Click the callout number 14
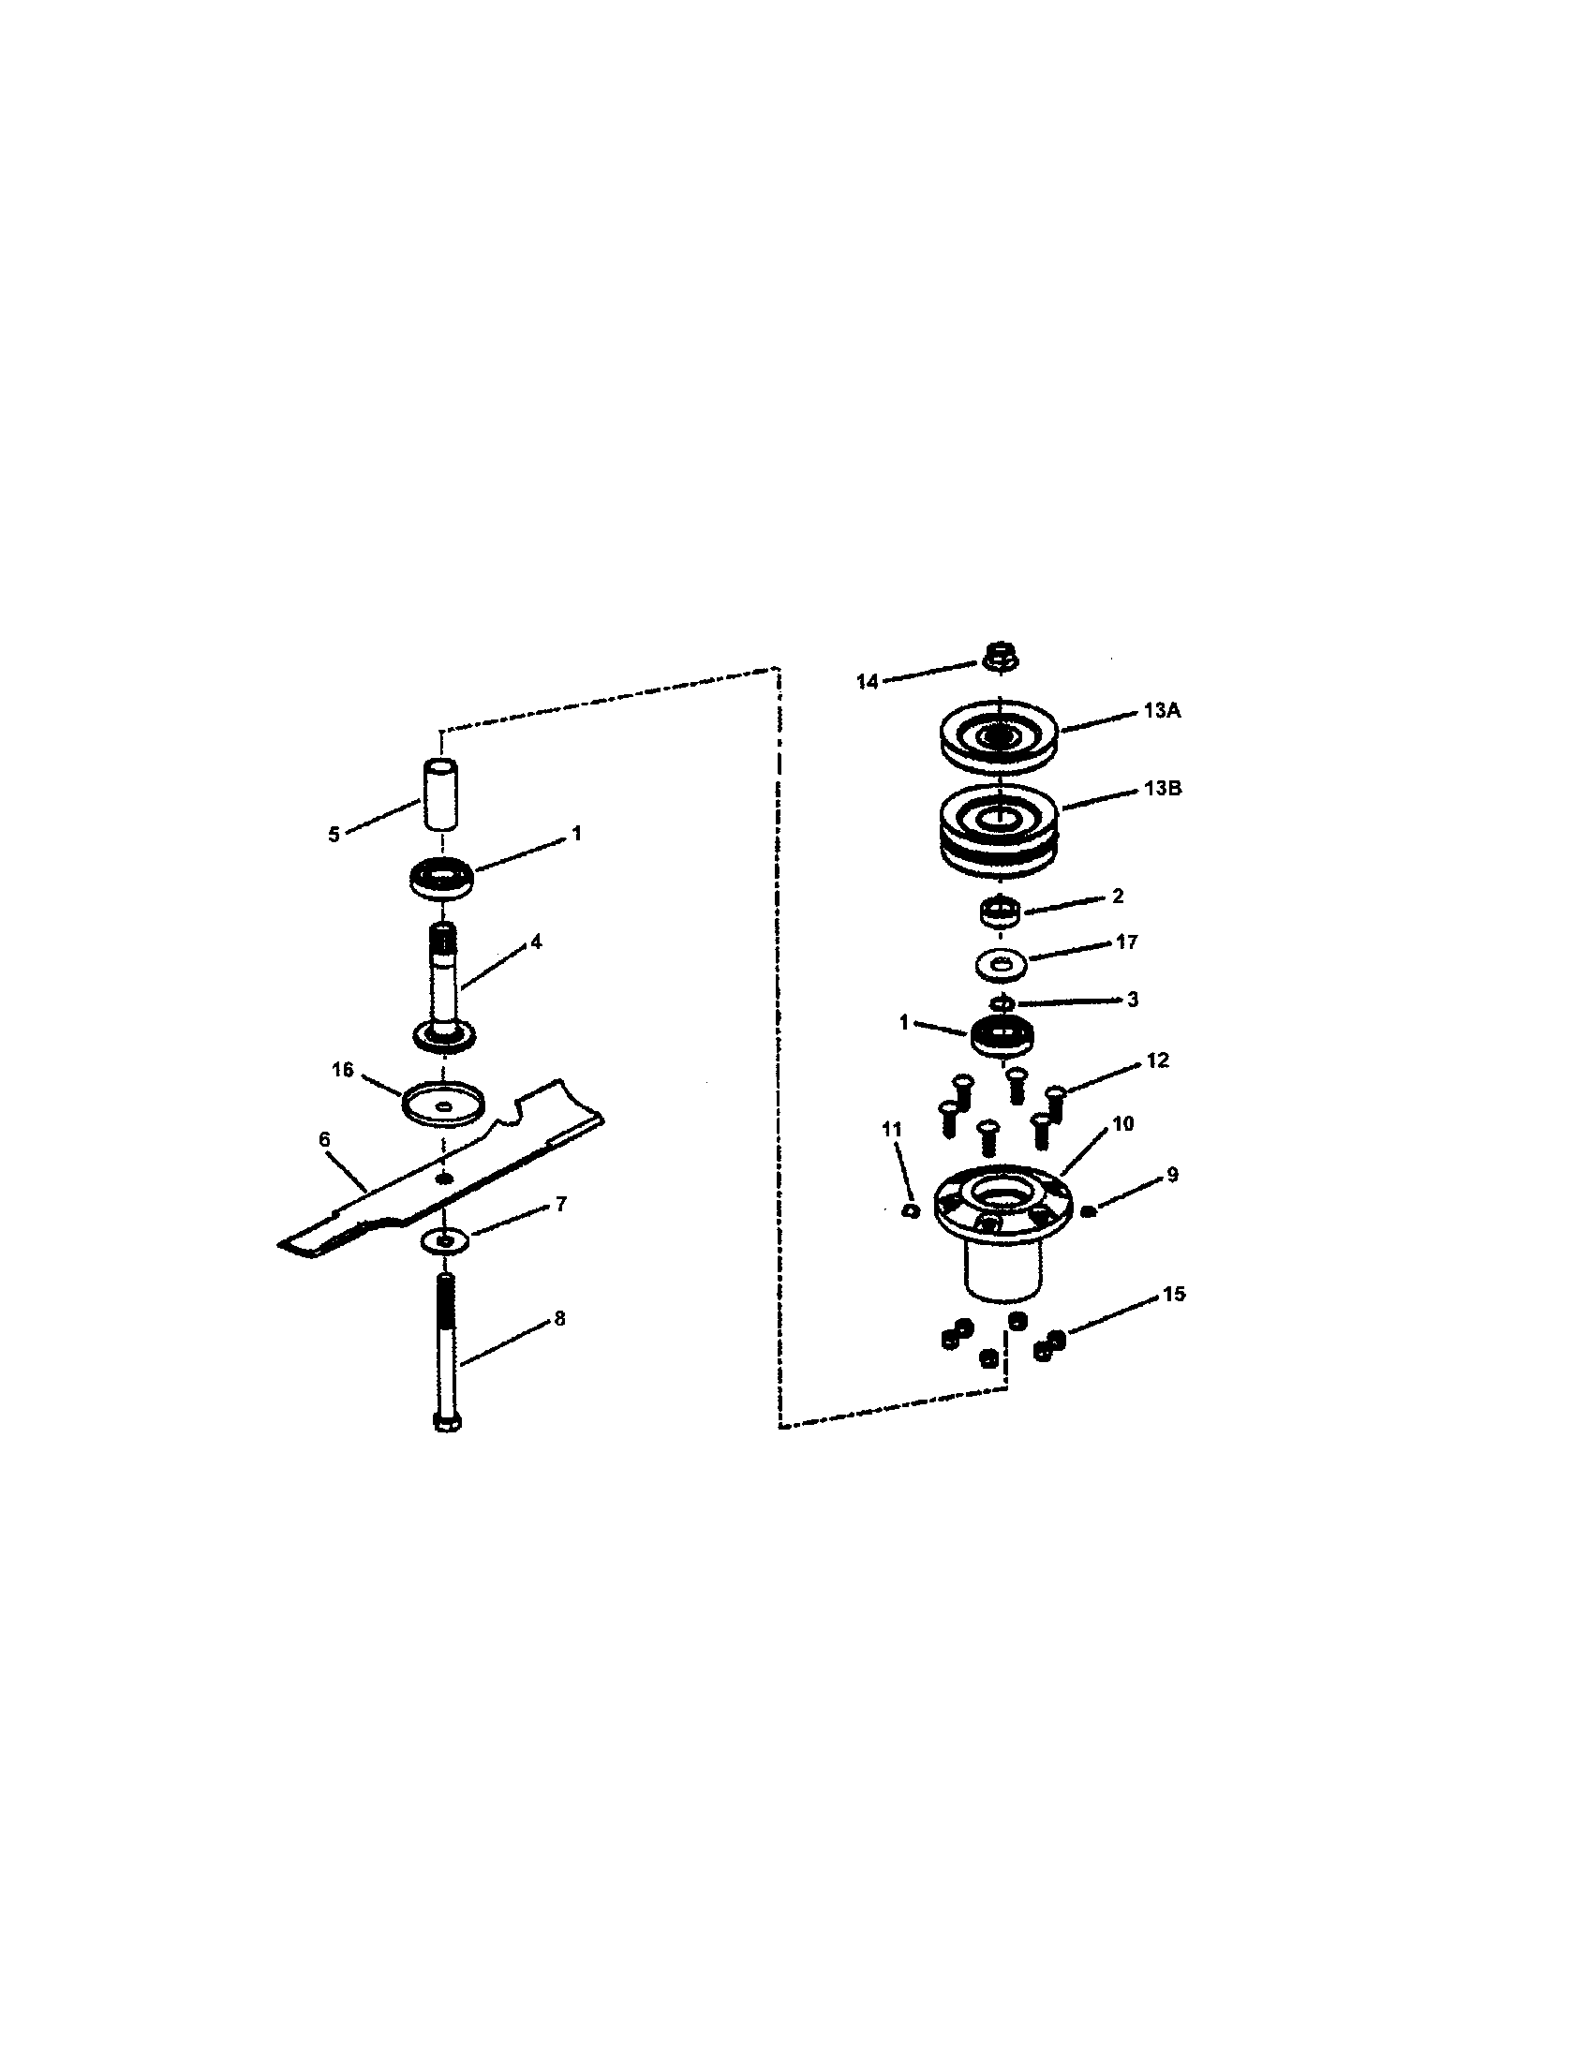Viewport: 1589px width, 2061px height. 867,681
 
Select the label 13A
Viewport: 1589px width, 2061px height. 1162,711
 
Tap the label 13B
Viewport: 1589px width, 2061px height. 1162,788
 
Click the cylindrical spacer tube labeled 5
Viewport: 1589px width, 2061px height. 439,793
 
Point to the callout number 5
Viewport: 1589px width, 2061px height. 334,835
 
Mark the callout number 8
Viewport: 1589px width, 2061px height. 559,1318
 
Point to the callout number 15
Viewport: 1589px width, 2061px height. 1173,1294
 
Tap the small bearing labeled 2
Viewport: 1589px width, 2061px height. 1000,913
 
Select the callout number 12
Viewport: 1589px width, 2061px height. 1158,1060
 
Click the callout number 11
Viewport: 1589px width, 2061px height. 891,1129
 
